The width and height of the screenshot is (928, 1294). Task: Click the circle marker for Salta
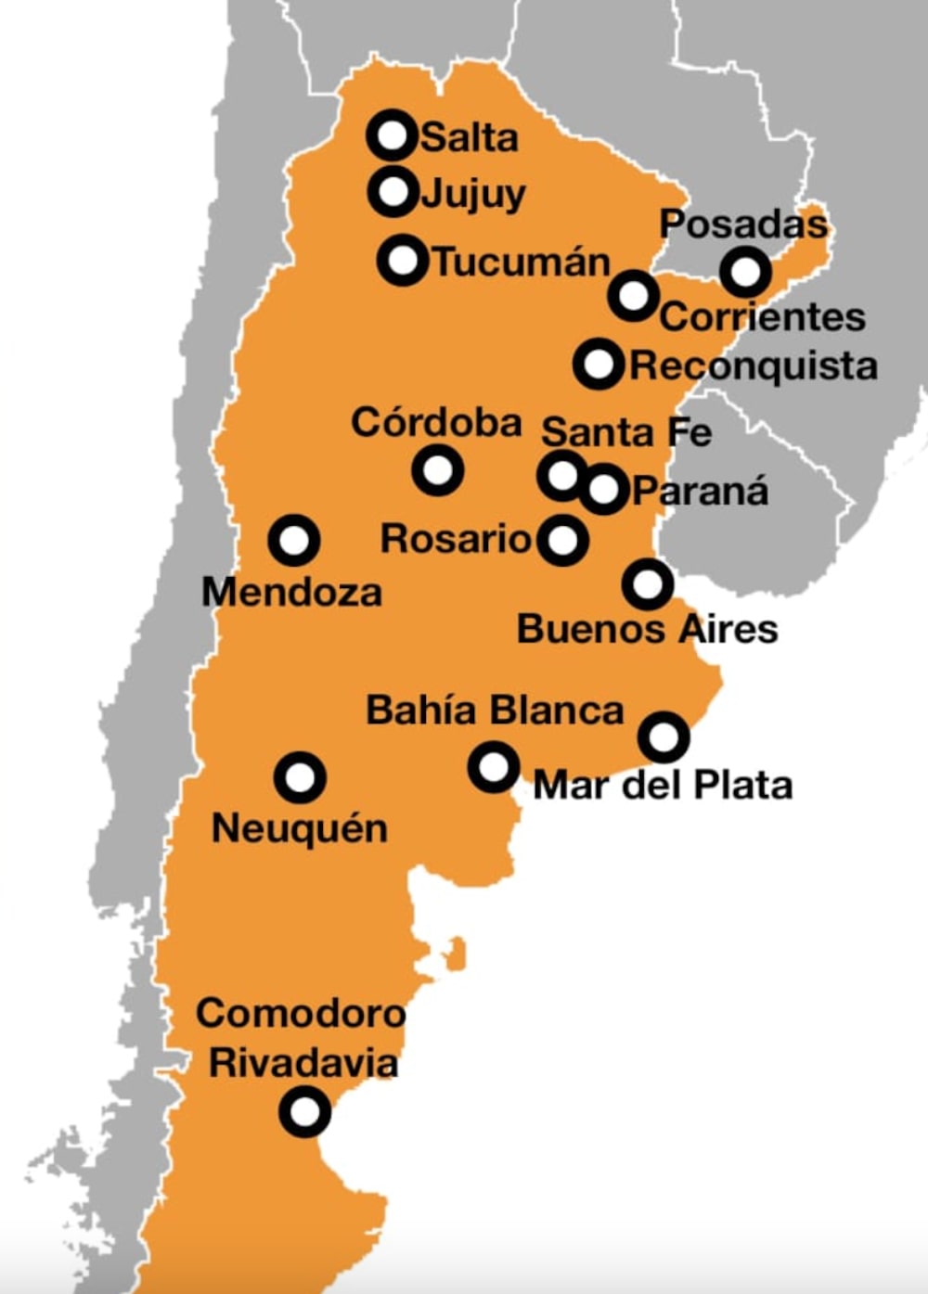click(x=393, y=136)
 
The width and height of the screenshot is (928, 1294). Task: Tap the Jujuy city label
click(x=473, y=194)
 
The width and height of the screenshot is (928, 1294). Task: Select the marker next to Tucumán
click(x=403, y=260)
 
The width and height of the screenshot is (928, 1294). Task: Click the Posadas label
click(x=742, y=224)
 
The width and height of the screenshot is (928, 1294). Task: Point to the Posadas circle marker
click(x=745, y=272)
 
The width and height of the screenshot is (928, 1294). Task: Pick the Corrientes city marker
click(x=635, y=296)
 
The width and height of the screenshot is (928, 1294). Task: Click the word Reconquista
click(x=754, y=365)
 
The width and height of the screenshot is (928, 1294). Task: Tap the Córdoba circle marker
click(x=437, y=469)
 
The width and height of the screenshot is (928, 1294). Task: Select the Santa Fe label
click(x=626, y=432)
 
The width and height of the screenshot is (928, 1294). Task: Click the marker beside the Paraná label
click(x=604, y=488)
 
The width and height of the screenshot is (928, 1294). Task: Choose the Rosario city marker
click(x=562, y=540)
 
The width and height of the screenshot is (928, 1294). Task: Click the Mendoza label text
click(x=291, y=592)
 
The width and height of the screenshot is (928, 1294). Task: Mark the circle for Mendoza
click(x=294, y=540)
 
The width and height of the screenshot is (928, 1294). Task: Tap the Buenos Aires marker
click(x=648, y=584)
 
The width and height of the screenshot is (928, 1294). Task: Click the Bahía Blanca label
click(x=495, y=711)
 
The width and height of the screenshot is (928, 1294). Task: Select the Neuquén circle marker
click(x=300, y=777)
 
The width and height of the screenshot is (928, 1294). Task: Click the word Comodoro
click(x=301, y=1013)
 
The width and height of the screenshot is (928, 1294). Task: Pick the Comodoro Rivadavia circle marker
click(x=304, y=1111)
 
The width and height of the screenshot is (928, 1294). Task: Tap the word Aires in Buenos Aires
click(x=728, y=629)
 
